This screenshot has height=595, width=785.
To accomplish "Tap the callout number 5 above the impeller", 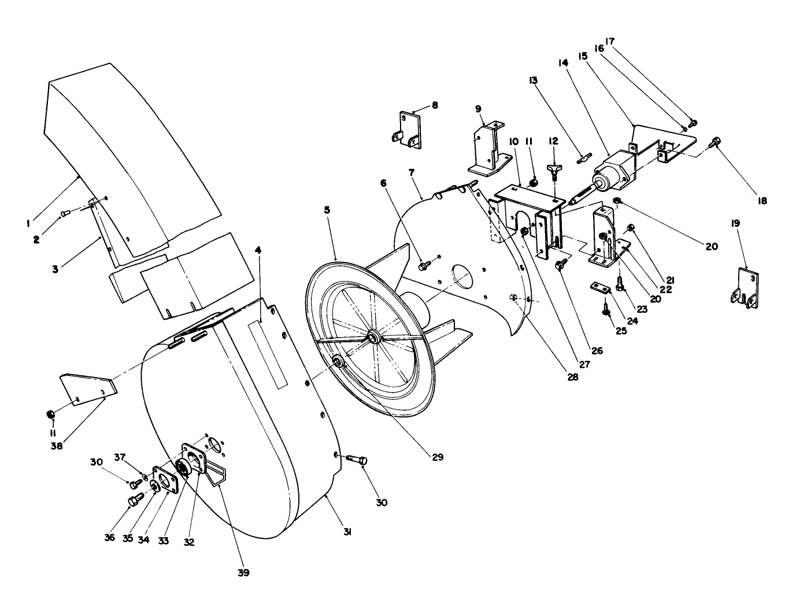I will (327, 210).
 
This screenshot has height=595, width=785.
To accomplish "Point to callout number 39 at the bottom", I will (243, 572).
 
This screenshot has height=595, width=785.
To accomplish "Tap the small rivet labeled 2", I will (65, 214).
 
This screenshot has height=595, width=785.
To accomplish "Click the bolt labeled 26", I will (560, 265).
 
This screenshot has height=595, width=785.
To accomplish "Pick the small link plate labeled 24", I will (598, 287).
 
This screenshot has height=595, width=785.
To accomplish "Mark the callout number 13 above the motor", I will (533, 80).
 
